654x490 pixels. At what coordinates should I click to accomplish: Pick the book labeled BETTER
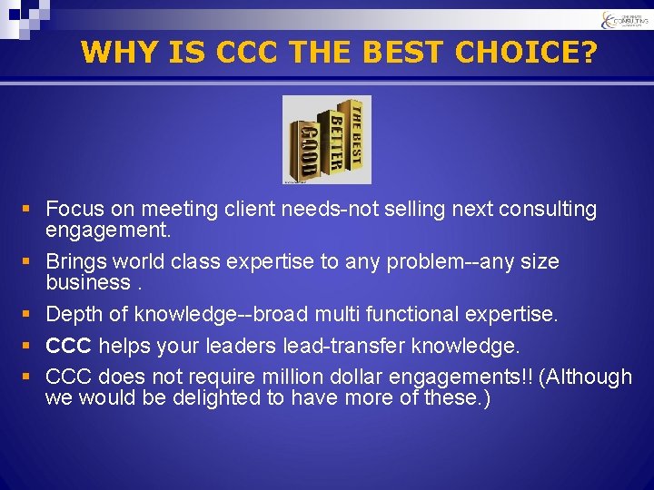[x=333, y=142]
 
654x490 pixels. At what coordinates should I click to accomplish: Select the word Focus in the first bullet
[x=74, y=210]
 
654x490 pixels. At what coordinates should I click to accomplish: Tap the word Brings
[x=76, y=262]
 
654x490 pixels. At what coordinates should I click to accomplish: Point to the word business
[x=88, y=283]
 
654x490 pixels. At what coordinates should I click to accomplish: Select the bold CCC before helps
[x=68, y=347]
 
